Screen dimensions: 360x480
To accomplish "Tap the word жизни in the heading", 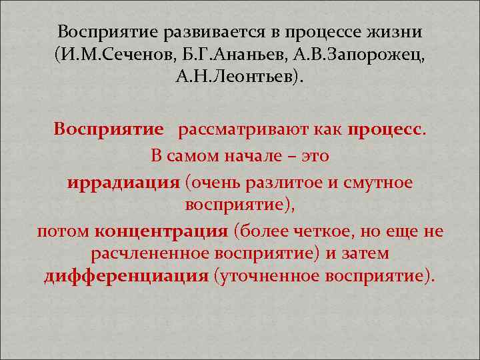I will pos(397,33).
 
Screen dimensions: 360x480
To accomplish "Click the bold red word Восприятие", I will pos(109,128).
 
